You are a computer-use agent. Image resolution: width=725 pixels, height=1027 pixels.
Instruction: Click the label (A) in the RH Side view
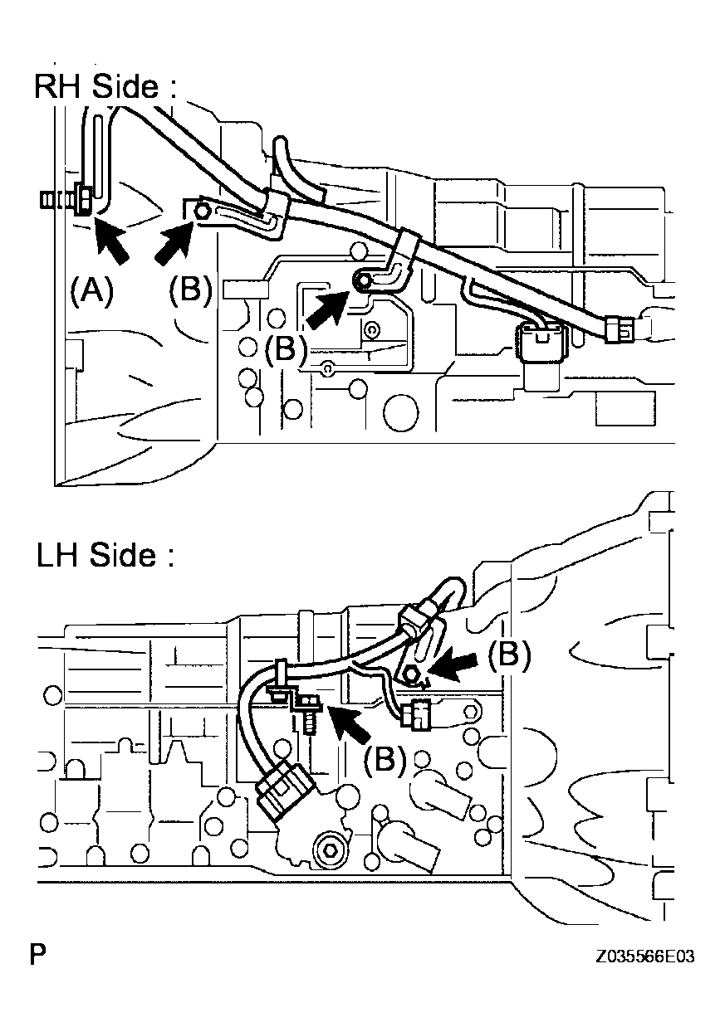click(x=91, y=292)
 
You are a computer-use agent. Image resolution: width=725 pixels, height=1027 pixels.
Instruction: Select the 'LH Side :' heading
click(x=105, y=556)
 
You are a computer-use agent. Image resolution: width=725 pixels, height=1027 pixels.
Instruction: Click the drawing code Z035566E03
click(x=644, y=956)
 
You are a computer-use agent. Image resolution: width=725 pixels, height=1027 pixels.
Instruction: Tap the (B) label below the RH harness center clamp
click(x=285, y=348)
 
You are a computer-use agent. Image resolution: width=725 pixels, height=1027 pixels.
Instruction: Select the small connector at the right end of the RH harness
click(x=620, y=329)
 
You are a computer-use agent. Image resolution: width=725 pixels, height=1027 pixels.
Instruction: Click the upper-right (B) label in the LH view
click(x=508, y=655)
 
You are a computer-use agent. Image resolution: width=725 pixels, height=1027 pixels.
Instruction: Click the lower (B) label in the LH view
click(x=384, y=758)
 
